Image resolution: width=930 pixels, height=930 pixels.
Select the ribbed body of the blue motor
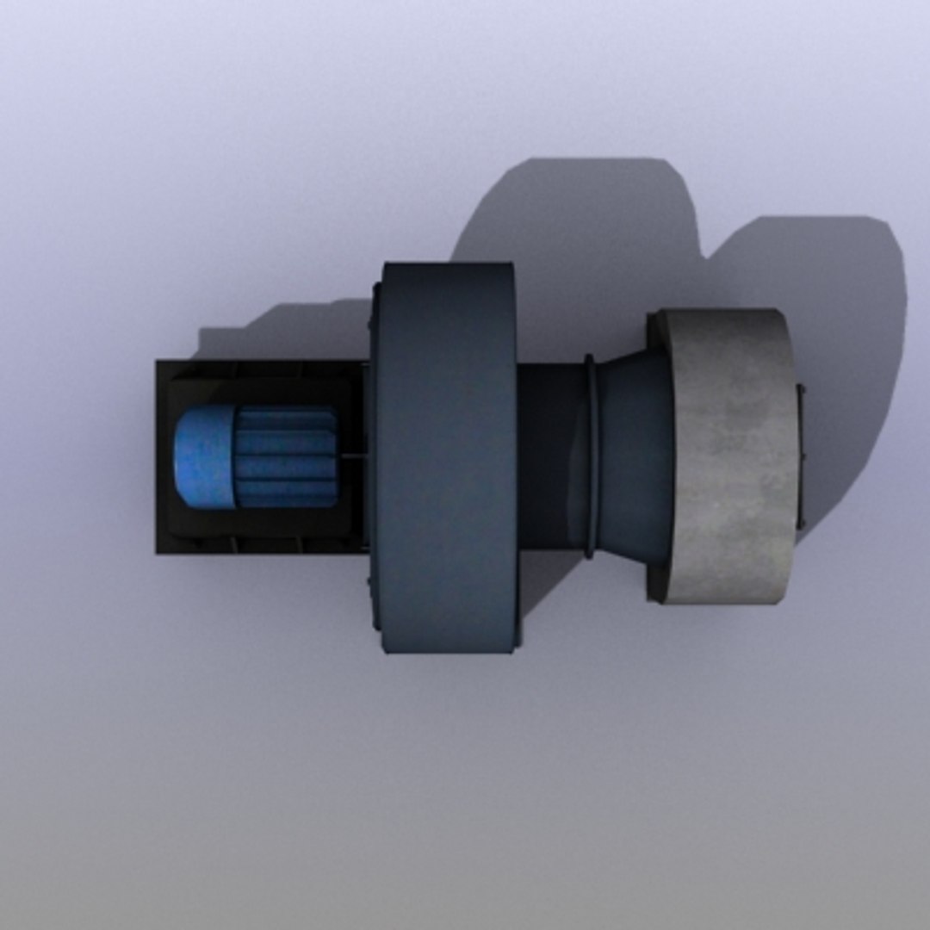coord(284,458)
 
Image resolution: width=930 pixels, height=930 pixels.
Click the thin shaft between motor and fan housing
coord(353,456)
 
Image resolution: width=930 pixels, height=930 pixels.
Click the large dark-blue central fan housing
coord(448,456)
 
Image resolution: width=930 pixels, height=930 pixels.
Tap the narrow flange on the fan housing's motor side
coord(374,456)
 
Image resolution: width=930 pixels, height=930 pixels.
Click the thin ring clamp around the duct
coord(589,456)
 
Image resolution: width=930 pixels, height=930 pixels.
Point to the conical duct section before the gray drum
coord(633,456)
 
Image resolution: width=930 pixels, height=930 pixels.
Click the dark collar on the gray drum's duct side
coord(658,456)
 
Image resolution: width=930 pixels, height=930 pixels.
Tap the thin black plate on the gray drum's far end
coord(798,456)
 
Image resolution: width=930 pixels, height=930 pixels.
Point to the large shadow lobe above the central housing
coord(586,215)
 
